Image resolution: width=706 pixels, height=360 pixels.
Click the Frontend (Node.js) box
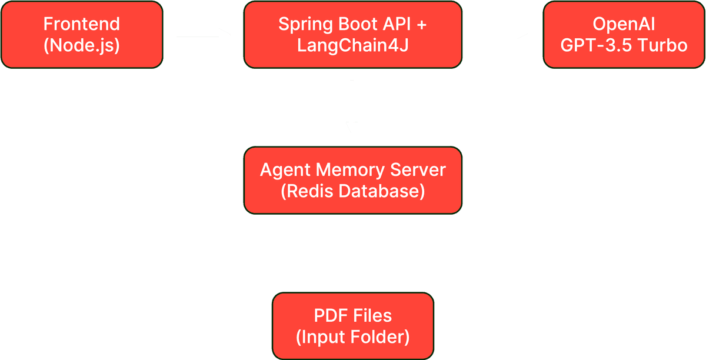coord(81,34)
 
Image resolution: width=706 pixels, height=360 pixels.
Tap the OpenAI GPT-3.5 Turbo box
coord(624,34)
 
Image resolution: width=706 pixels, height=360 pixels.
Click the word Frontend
coord(81,24)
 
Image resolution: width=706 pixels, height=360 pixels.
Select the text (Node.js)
coord(81,45)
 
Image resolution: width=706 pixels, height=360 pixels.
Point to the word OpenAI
coord(624,24)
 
